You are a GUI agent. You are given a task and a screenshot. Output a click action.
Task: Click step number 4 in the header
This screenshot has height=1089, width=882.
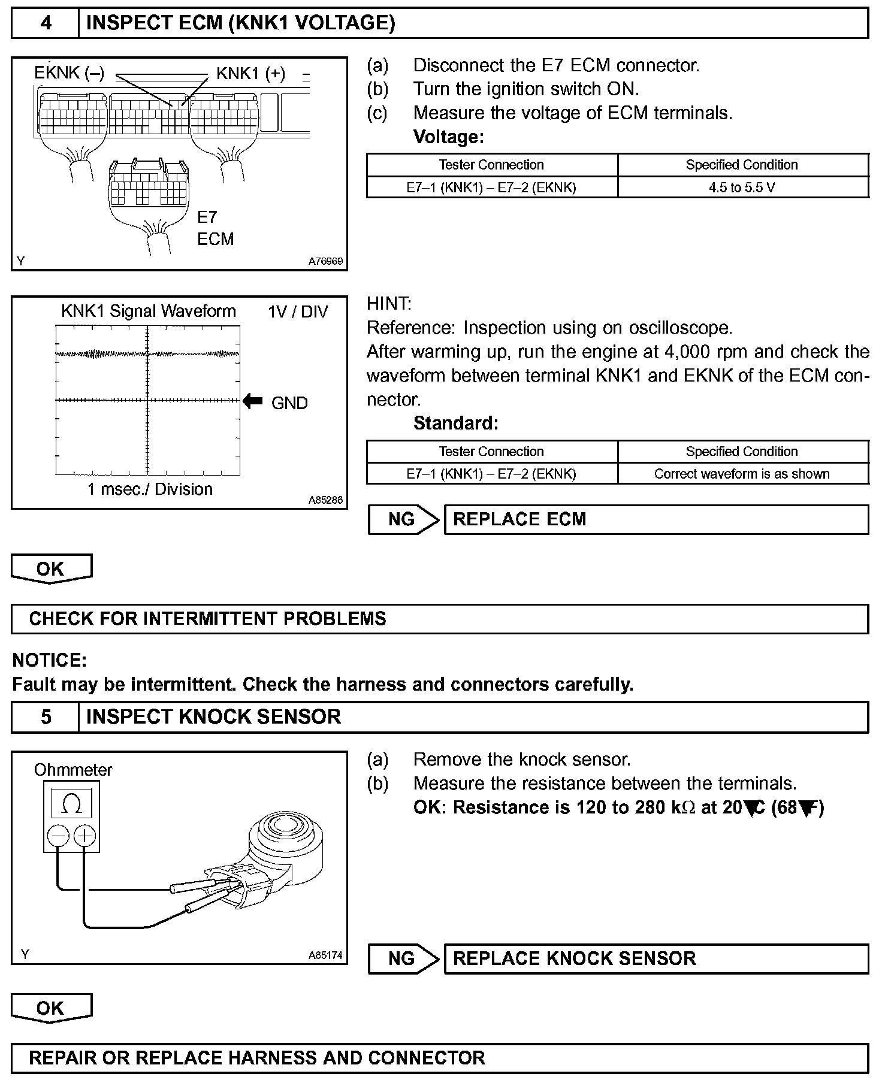pyautogui.click(x=46, y=23)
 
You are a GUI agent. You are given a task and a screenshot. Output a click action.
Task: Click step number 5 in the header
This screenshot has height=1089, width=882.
pyautogui.click(x=46, y=717)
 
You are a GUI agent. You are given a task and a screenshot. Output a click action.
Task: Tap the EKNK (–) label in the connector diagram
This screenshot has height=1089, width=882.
pyautogui.click(x=69, y=73)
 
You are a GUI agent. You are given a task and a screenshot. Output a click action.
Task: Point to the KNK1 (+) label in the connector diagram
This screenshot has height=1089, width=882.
pyautogui.click(x=250, y=73)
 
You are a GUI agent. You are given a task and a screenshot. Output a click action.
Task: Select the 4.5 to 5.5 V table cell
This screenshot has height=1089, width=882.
pyautogui.click(x=742, y=187)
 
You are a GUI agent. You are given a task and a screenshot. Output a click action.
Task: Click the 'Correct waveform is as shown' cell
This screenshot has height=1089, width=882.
pyautogui.click(x=742, y=474)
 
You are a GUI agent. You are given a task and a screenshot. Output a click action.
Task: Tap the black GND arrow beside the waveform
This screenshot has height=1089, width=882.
pyautogui.click(x=253, y=401)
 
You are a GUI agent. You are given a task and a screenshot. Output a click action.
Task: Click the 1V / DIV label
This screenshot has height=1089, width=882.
pyautogui.click(x=298, y=312)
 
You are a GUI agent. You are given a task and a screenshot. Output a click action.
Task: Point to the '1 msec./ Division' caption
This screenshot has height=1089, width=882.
pyautogui.click(x=150, y=489)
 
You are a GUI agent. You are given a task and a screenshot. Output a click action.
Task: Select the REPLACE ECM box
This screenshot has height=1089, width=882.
pyautogui.click(x=656, y=519)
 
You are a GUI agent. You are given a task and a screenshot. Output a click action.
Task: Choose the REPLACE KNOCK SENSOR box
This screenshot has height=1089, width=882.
pyautogui.click(x=656, y=958)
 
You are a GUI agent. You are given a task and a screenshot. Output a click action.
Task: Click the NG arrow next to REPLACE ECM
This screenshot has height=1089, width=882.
pyautogui.click(x=403, y=519)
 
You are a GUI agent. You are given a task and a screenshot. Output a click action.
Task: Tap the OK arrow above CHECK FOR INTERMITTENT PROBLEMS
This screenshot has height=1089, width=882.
pyautogui.click(x=51, y=568)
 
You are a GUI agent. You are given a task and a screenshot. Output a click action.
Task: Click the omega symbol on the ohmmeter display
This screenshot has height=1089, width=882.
pyautogui.click(x=71, y=804)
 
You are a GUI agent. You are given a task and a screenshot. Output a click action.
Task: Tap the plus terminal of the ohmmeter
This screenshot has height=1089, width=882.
pyautogui.click(x=84, y=836)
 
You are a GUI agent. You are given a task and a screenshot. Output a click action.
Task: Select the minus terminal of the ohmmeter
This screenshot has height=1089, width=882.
pyautogui.click(x=58, y=836)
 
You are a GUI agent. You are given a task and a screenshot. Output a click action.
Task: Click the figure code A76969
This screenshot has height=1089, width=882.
pyautogui.click(x=325, y=261)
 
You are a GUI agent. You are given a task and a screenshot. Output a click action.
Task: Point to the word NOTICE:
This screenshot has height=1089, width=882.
pyautogui.click(x=50, y=661)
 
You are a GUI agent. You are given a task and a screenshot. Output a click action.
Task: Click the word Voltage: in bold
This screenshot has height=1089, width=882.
pyautogui.click(x=448, y=137)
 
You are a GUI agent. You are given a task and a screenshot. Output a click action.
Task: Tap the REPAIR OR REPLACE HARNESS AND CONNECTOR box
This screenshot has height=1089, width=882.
pyautogui.click(x=440, y=1058)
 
